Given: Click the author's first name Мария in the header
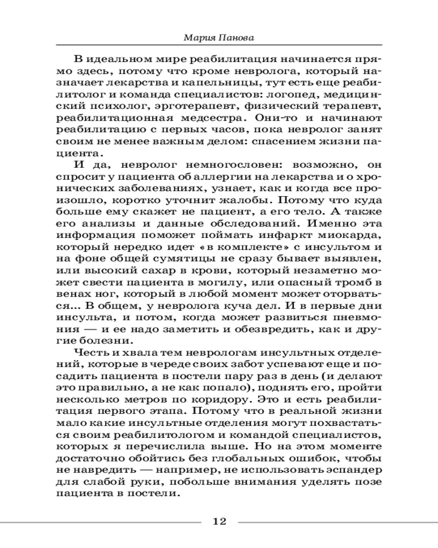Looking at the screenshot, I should (x=198, y=39).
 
